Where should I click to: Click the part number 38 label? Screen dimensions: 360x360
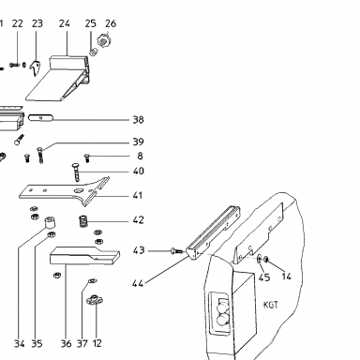138,119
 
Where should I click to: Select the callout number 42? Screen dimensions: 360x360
138,220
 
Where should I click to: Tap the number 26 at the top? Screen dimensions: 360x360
111,23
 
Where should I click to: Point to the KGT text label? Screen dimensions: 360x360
271,305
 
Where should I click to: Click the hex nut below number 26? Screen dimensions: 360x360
102,41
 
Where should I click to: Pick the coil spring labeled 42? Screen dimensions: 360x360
82,221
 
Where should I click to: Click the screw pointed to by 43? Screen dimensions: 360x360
176,250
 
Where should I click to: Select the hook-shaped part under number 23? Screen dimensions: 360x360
36,68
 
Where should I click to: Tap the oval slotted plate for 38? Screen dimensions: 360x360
41,118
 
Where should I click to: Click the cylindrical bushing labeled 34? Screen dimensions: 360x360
49,223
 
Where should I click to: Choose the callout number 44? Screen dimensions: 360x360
138,284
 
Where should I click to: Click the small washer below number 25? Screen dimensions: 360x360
93,52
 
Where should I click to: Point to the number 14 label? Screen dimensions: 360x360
286,277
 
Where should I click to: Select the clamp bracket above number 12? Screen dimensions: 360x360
95,300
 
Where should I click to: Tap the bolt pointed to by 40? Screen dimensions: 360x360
76,172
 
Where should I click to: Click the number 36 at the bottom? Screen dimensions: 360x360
66,344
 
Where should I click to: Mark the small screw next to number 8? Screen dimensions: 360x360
87,157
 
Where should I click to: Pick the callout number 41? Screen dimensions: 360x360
138,196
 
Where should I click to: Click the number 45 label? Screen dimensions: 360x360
264,277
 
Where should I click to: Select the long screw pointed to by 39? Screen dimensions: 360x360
40,156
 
